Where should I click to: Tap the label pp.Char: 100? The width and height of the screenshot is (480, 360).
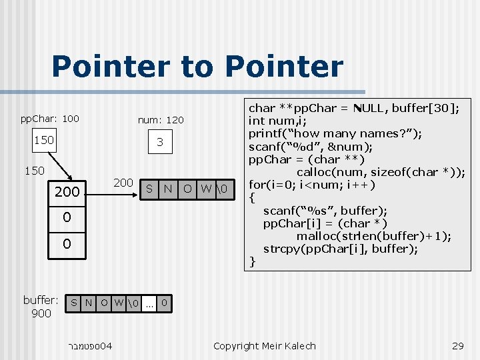pos(49,119)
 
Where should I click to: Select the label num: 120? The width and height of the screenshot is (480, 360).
pos(160,120)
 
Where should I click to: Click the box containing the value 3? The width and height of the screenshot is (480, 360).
pos(160,142)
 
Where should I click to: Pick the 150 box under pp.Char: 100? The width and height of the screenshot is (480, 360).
pos(44,141)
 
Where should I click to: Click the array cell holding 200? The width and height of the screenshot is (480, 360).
pos(67,193)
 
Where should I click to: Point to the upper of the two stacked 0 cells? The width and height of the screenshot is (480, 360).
pos(67,217)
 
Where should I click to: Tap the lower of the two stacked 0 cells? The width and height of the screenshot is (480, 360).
pos(67,244)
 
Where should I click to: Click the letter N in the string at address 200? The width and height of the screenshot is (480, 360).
pos(169,189)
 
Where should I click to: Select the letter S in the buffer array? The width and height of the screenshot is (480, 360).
pos(75,303)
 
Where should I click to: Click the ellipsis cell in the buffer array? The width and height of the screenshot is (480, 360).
pos(150,303)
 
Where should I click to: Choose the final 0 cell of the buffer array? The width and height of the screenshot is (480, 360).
pos(164,303)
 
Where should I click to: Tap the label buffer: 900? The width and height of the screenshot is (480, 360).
pos(41,307)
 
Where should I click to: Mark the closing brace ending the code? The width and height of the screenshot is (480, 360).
pos(252,261)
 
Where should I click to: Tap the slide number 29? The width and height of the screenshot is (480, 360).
pos(457,345)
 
